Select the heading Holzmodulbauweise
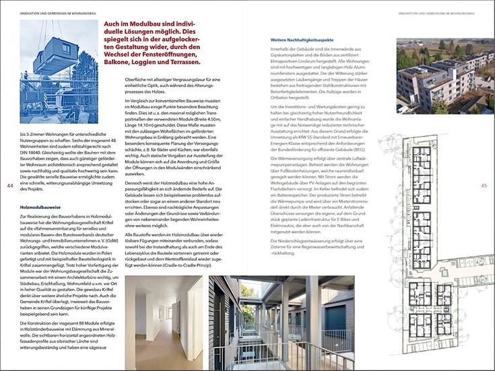pyautogui.click(x=42, y=199)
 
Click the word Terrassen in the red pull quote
pyautogui.click(x=176, y=63)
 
